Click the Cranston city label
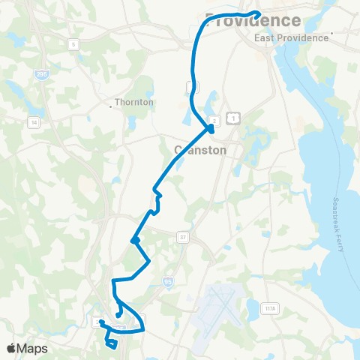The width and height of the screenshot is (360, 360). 199,149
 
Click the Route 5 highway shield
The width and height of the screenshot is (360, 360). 73,45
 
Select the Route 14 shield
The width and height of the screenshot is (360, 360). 33,121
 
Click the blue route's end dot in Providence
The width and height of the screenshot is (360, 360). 257,13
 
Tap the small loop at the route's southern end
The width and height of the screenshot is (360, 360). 112,344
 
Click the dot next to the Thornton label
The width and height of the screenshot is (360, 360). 111,106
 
